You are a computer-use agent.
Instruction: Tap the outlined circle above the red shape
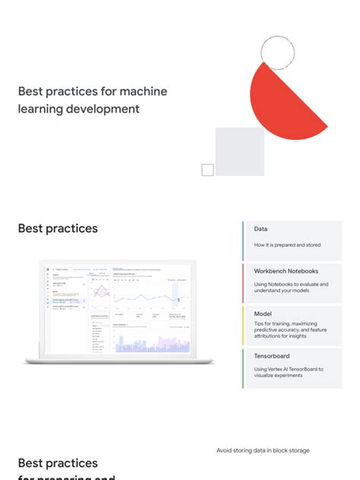(277, 52)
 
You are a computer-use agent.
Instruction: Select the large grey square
(239, 151)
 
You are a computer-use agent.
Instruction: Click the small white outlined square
(207, 170)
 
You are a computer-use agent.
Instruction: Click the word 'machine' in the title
(142, 91)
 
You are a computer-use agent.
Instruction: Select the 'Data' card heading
(261, 229)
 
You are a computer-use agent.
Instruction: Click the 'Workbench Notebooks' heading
(286, 271)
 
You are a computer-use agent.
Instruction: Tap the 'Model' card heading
(263, 313)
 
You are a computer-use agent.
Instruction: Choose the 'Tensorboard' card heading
(271, 355)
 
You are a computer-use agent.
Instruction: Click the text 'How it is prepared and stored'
(287, 245)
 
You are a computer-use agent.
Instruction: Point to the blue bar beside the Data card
(243, 241)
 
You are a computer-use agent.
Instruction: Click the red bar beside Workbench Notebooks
(243, 283)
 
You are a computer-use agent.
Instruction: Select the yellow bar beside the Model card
(243, 326)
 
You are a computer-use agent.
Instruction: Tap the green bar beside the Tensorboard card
(243, 368)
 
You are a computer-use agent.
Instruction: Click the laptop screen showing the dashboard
(118, 309)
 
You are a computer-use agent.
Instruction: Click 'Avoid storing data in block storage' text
(263, 450)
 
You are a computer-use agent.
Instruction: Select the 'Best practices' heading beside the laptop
(58, 228)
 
